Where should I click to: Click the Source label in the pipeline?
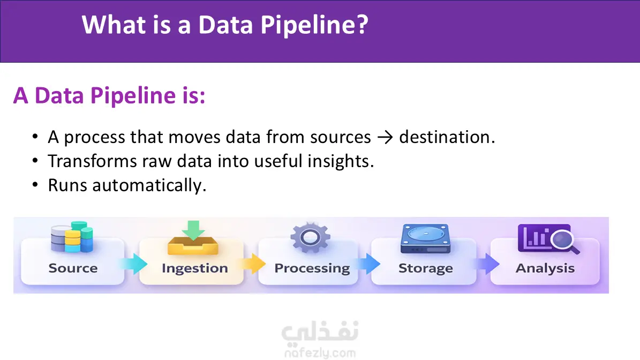73,268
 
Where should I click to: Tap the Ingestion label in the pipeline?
195,268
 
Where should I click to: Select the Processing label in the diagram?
312,268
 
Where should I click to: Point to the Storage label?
426,268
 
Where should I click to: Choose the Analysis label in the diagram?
545,268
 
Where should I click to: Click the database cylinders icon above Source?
72,237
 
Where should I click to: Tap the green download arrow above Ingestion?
193,230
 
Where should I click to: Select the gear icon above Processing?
310,237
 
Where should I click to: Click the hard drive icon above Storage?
425,239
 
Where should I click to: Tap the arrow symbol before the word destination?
385,138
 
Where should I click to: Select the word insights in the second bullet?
341,161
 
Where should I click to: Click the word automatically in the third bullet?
149,186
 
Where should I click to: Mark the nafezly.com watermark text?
320,353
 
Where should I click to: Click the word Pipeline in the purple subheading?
133,96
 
